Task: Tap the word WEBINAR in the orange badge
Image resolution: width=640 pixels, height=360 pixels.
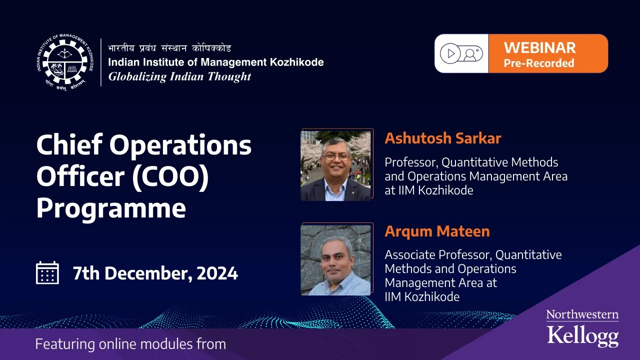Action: [539, 47]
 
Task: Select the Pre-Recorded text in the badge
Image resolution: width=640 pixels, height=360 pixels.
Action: [539, 63]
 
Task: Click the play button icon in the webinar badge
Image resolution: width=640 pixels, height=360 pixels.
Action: [450, 53]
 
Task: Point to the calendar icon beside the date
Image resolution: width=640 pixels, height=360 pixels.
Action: [47, 272]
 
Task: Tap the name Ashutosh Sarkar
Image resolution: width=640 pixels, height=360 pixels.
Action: [443, 138]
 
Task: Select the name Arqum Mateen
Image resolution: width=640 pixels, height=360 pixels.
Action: [437, 231]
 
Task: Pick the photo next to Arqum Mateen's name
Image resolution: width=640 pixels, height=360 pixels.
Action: [335, 260]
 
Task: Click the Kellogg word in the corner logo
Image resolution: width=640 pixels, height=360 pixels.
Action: [583, 335]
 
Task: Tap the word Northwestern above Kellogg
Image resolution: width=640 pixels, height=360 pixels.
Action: [582, 314]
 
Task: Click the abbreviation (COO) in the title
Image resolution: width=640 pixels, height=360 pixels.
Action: [170, 177]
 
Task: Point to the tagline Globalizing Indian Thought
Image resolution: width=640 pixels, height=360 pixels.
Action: [179, 77]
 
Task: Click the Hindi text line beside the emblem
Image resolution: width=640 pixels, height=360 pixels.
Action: [169, 48]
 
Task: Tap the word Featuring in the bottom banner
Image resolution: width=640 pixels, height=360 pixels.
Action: [65, 344]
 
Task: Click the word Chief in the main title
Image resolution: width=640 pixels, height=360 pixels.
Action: [69, 144]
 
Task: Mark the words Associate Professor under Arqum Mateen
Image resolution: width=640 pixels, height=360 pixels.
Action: [437, 255]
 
